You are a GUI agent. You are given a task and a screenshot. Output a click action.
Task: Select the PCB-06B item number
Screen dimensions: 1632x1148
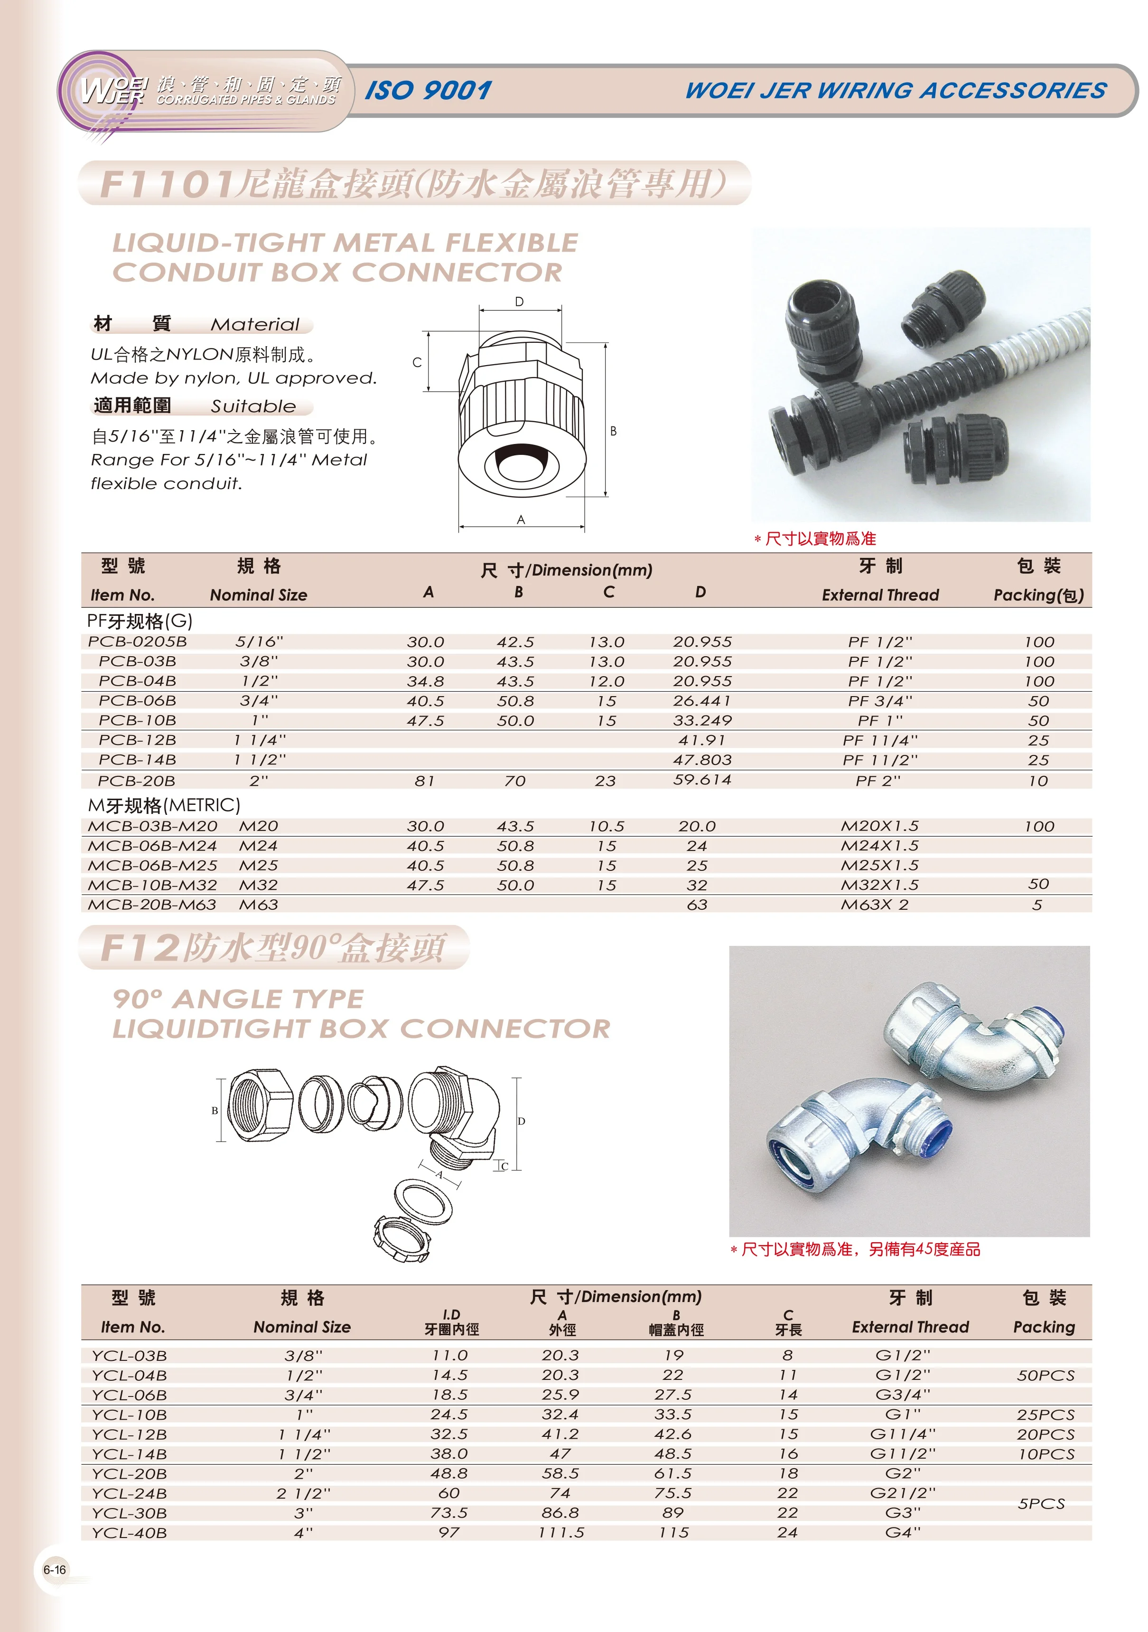[137, 701]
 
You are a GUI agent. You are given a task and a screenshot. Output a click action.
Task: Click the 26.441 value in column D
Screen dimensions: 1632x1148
[702, 701]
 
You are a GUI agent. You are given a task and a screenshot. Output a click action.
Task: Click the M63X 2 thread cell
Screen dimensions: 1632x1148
[875, 905]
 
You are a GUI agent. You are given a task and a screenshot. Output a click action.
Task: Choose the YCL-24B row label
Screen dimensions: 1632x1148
[129, 1493]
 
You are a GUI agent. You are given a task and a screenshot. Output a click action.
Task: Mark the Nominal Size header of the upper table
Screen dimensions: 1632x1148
[259, 595]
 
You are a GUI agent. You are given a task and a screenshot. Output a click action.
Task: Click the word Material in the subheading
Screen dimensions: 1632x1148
[255, 325]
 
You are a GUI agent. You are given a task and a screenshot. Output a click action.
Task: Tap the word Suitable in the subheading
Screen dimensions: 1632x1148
[253, 406]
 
